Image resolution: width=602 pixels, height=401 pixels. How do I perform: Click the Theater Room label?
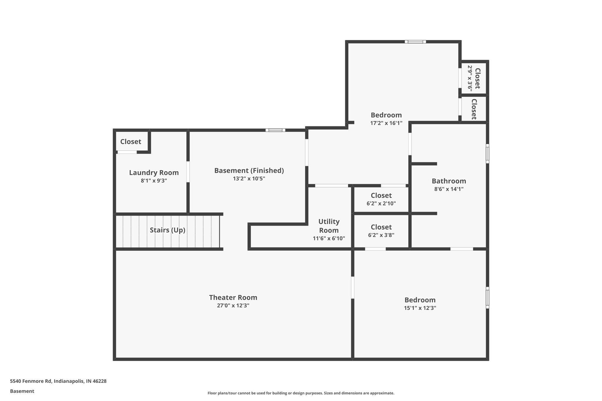(233, 298)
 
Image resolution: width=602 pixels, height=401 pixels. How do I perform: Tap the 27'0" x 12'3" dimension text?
(233, 306)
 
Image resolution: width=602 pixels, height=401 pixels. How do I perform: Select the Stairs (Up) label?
(168, 230)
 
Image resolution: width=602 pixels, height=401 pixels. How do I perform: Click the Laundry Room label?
(154, 173)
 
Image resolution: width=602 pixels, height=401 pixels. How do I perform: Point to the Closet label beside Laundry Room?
(131, 142)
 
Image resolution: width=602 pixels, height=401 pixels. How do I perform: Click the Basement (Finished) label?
(249, 171)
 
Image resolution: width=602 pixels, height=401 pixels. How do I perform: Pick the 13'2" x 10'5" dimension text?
(249, 179)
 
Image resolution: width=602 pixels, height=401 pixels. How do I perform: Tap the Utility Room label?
(329, 226)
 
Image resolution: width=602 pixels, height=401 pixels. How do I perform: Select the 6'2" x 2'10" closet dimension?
(381, 203)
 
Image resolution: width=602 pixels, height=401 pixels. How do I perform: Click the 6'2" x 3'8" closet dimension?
(381, 235)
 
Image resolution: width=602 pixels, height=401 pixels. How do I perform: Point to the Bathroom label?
(449, 181)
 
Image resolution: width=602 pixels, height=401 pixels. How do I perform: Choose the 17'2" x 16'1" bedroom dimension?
(386, 123)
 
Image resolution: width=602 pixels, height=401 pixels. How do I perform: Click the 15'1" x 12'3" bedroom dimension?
(420, 308)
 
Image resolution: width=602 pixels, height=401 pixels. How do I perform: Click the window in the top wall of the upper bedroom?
(415, 42)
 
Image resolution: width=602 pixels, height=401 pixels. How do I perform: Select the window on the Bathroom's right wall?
(487, 153)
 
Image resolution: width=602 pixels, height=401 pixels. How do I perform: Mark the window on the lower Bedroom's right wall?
(487, 298)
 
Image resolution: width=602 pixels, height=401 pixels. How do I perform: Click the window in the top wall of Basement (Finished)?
(275, 130)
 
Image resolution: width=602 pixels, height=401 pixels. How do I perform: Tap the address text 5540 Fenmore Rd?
(58, 381)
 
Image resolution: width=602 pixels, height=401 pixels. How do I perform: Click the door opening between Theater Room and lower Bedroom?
(352, 287)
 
